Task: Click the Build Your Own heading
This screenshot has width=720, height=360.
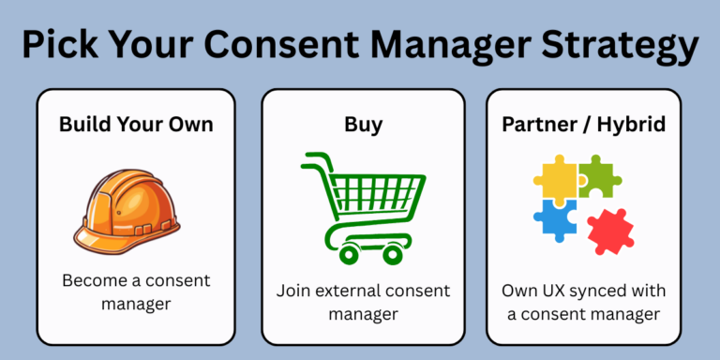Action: pyautogui.click(x=136, y=124)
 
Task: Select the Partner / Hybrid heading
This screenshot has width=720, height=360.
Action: pyautogui.click(x=585, y=124)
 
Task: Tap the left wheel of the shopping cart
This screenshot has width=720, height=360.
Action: pyautogui.click(x=349, y=253)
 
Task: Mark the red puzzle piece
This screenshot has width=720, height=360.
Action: pyautogui.click(x=608, y=231)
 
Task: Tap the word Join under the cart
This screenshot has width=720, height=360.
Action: pyautogui.click(x=293, y=290)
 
